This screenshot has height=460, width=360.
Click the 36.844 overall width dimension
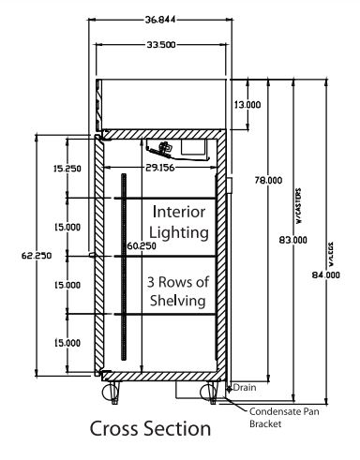coord(160,20)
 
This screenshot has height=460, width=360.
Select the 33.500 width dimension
coord(161,45)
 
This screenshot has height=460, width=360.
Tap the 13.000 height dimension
coord(247,105)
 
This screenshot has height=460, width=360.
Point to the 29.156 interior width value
coord(160,168)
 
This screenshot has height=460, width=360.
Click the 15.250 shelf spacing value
coord(67,169)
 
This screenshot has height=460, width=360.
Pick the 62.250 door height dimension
coord(37,256)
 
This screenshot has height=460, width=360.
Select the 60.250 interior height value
coord(142,246)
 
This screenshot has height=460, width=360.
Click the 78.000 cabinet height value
coord(268,180)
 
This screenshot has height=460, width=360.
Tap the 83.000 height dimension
coord(292,240)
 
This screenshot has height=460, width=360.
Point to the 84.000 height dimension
coord(326,275)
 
